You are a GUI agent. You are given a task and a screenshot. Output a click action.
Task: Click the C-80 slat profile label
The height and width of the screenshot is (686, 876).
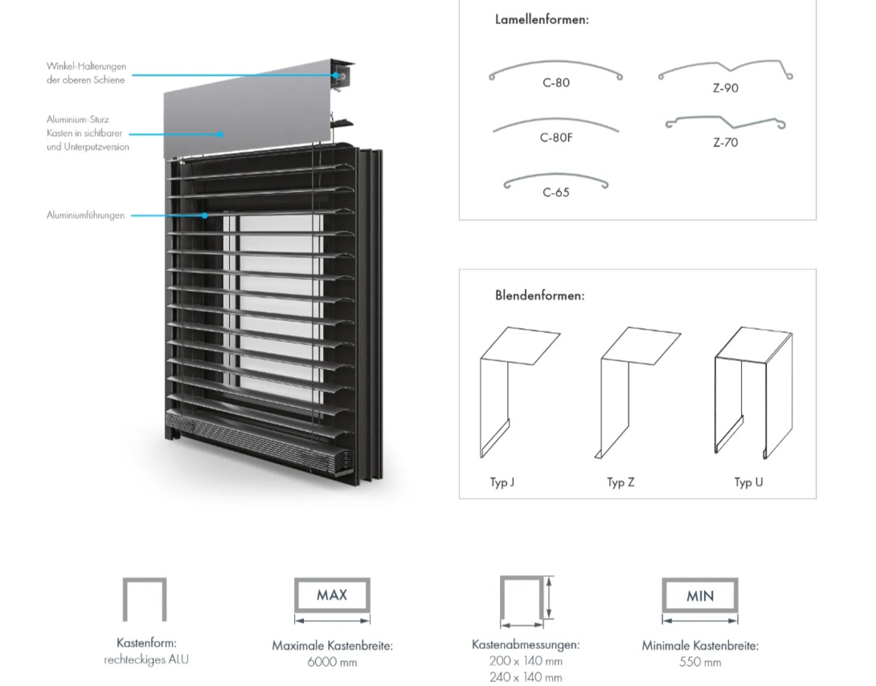click(x=556, y=83)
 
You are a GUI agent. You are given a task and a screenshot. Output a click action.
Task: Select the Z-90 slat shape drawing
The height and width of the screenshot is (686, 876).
click(x=725, y=70)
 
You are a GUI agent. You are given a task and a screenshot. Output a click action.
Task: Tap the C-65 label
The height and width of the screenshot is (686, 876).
click(x=556, y=192)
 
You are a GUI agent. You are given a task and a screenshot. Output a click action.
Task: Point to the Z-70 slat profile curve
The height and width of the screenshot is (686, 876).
click(x=725, y=123)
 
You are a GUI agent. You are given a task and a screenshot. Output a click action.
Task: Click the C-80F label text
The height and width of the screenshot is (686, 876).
click(x=556, y=138)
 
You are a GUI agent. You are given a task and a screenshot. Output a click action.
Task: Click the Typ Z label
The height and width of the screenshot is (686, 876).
click(x=620, y=483)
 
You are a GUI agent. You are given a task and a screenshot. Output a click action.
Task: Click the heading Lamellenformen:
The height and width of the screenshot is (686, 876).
click(x=542, y=19)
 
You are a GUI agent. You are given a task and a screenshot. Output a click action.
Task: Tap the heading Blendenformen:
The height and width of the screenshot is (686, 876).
click(x=539, y=295)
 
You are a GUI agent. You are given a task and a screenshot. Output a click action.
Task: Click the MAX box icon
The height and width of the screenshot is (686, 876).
click(x=332, y=595)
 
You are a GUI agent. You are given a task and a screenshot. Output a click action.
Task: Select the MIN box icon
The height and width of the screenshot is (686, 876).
click(x=700, y=596)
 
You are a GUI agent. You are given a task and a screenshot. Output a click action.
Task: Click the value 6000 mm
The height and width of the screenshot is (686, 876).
click(x=332, y=662)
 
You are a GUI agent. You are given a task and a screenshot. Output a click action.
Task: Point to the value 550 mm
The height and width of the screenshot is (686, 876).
click(x=700, y=662)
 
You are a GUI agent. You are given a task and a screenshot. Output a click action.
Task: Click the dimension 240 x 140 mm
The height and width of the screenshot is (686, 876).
click(x=526, y=677)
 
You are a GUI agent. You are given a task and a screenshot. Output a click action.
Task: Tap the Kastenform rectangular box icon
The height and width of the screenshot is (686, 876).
click(x=145, y=600)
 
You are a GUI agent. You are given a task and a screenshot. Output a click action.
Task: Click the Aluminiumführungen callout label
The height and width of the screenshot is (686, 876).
click(x=85, y=216)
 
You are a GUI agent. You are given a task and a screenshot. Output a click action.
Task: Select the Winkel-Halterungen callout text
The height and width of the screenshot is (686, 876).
click(x=86, y=73)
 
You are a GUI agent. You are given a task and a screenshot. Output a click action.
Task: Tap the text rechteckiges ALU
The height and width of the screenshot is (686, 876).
click(x=146, y=659)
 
